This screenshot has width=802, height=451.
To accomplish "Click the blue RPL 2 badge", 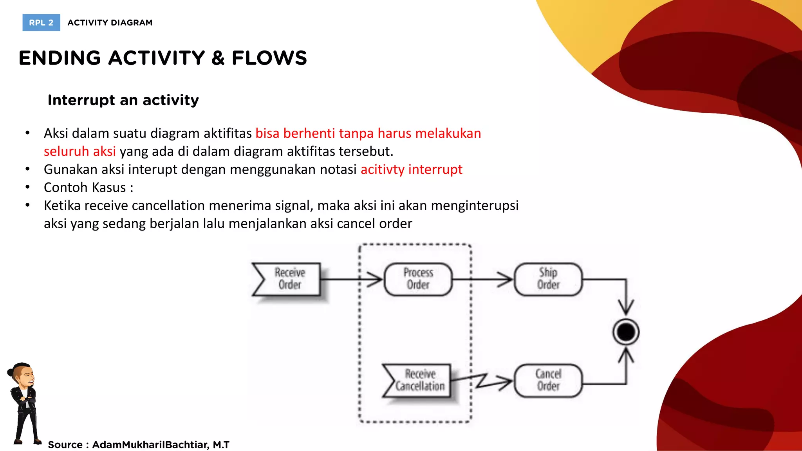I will pyautogui.click(x=41, y=23).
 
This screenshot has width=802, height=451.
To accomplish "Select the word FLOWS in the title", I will pyautogui.click(x=269, y=58).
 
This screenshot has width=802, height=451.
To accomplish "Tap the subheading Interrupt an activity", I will pyautogui.click(x=123, y=100).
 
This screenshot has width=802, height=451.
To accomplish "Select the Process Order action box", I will pyautogui.click(x=418, y=279).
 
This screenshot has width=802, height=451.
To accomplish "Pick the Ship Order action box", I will pyautogui.click(x=548, y=279).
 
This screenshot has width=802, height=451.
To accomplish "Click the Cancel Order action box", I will pyautogui.click(x=548, y=380).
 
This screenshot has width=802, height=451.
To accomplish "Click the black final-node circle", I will pyautogui.click(x=626, y=332).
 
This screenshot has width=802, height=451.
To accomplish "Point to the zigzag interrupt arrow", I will pyautogui.click(x=482, y=380).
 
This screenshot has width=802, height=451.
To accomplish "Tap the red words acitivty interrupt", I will pyautogui.click(x=411, y=170).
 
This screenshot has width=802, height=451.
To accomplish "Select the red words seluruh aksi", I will pyautogui.click(x=79, y=152).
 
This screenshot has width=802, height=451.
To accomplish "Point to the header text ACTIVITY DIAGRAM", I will pyautogui.click(x=110, y=23).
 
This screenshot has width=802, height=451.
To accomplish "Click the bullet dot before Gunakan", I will pyautogui.click(x=27, y=170).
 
